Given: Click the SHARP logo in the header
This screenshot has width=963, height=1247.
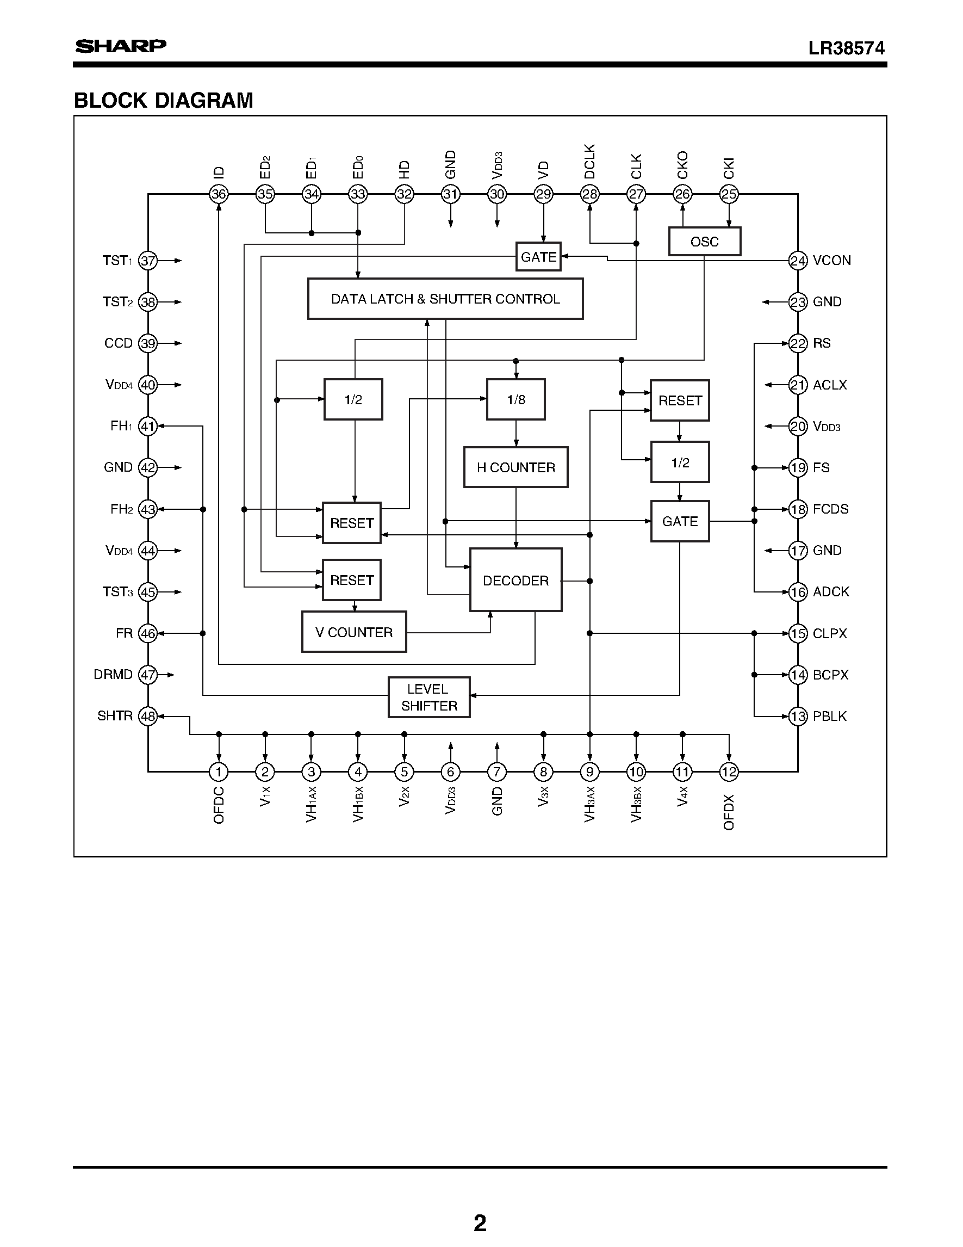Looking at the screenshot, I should pyautogui.click(x=120, y=46).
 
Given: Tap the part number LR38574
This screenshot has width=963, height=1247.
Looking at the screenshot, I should pyautogui.click(x=846, y=48).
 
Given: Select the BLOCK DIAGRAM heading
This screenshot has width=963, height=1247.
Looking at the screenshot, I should pyautogui.click(x=163, y=101).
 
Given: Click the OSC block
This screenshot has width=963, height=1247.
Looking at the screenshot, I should pyautogui.click(x=704, y=242).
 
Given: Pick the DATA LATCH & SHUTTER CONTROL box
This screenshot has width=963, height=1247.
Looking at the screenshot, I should pyautogui.click(x=445, y=299).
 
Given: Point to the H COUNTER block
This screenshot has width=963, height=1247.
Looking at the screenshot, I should pyautogui.click(x=515, y=467).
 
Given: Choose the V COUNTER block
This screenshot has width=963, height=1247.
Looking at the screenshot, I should pyautogui.click(x=353, y=632).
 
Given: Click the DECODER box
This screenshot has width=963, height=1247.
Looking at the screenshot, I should pyautogui.click(x=515, y=580).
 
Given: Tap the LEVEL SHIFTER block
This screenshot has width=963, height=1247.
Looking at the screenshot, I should pyautogui.click(x=429, y=697).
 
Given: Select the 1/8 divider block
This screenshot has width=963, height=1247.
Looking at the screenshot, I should pyautogui.click(x=515, y=400).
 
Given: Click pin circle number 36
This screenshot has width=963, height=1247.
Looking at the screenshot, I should pyautogui.click(x=219, y=194).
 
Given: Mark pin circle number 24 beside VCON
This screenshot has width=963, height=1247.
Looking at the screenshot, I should pyautogui.click(x=798, y=261).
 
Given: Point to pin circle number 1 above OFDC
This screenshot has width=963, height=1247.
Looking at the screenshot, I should pyautogui.click(x=219, y=772).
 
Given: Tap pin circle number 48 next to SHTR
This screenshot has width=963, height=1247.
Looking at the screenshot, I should pyautogui.click(x=148, y=716).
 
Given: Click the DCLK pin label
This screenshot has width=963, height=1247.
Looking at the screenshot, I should pyautogui.click(x=589, y=162).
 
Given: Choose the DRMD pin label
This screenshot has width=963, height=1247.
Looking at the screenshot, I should pyautogui.click(x=113, y=674).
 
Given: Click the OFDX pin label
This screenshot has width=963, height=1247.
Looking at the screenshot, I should pyautogui.click(x=729, y=812).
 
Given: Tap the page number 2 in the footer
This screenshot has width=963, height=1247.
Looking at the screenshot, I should pyautogui.click(x=480, y=1223).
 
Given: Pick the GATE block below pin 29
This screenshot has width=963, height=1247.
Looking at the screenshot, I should pyautogui.click(x=538, y=257).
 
